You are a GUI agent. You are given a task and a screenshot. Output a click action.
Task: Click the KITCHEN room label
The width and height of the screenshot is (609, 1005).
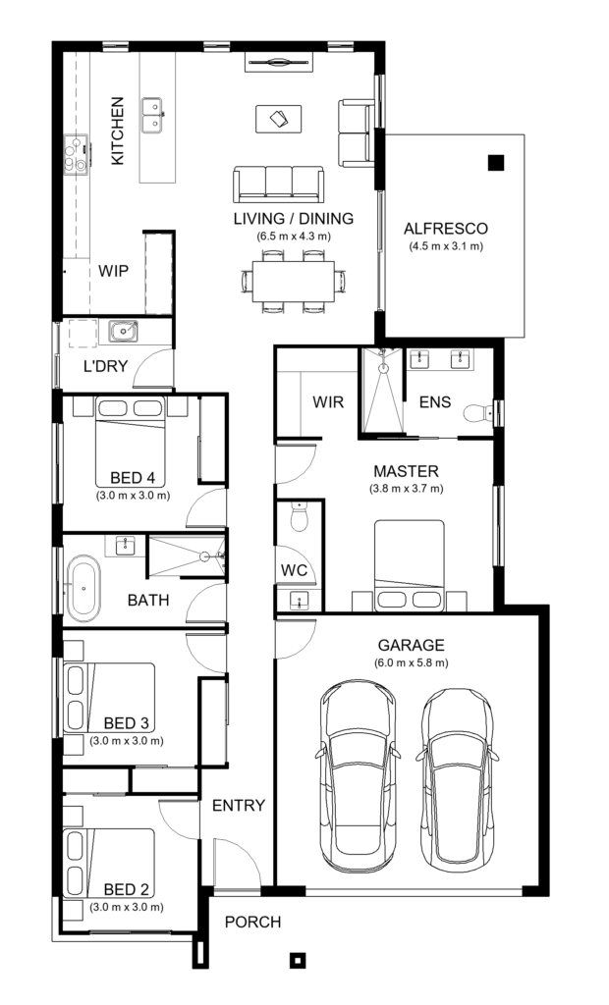pyautogui.click(x=117, y=130)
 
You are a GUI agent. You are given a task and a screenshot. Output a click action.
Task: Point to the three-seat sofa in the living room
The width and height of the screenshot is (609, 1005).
pyautogui.click(x=279, y=184)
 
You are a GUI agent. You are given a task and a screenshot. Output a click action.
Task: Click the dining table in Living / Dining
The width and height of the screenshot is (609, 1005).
pyautogui.click(x=293, y=282)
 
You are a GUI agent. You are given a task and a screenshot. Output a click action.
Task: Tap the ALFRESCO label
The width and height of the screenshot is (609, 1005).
pyautogui.click(x=445, y=229)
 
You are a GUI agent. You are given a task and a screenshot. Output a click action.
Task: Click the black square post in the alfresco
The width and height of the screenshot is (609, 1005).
pyautogui.click(x=496, y=163)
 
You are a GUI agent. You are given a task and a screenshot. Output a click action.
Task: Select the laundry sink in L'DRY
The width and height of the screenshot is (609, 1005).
pyautogui.click(x=122, y=332)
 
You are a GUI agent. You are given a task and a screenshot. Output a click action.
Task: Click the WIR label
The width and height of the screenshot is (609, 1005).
pyautogui.click(x=327, y=402)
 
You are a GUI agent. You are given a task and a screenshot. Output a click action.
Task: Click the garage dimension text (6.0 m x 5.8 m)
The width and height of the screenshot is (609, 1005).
pyautogui.click(x=411, y=662)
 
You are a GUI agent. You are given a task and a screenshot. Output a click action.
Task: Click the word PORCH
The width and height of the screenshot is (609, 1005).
pyautogui.click(x=252, y=923)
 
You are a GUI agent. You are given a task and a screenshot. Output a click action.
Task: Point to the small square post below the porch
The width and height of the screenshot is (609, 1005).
pyautogui.click(x=297, y=960)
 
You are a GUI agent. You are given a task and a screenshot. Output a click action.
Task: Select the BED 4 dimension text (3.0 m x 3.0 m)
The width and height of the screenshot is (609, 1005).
pyautogui.click(x=133, y=496)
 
